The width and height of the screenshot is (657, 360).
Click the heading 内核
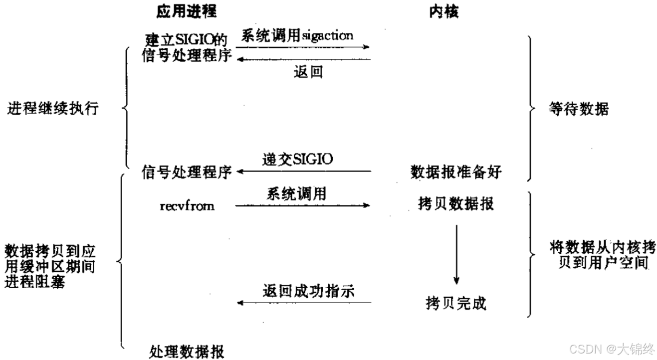[443, 12]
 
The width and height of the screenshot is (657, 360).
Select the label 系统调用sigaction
[297, 36]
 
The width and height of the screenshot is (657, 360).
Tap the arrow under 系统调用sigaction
[302, 47]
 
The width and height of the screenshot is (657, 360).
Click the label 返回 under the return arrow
[308, 72]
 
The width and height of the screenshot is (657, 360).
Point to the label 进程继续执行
[53, 109]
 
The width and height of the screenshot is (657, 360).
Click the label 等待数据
[579, 109]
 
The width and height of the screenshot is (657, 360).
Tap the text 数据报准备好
[455, 172]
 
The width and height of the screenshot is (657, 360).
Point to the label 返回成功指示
[308, 291]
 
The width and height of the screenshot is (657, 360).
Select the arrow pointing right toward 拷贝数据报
[302, 205]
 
